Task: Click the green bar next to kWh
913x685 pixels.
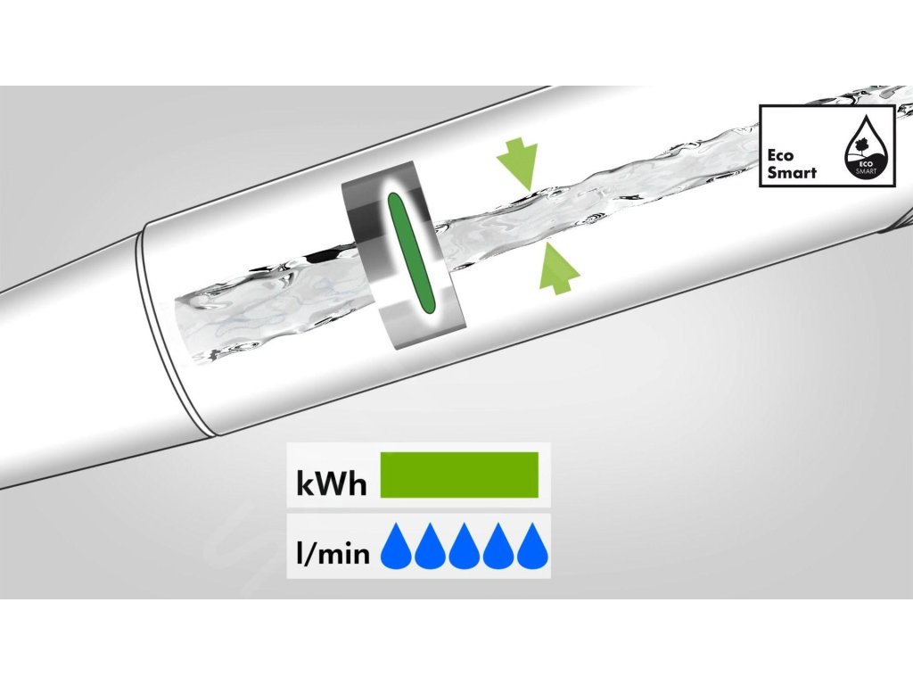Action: (459, 475)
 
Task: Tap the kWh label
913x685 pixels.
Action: (331, 485)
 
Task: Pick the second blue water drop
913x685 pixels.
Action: (429, 548)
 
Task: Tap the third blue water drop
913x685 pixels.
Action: (464, 548)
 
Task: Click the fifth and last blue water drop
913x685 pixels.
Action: (532, 548)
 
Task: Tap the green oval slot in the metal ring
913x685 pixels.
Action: (408, 253)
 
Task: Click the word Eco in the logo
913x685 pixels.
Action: (782, 153)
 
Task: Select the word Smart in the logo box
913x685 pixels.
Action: (792, 171)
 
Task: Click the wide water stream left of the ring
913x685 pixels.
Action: (267, 317)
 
